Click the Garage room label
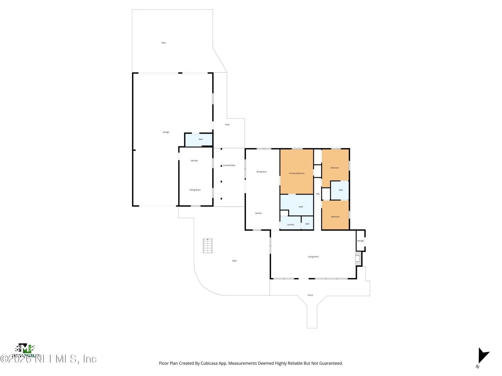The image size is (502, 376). pyautogui.click(x=166, y=132)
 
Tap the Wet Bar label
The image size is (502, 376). pyautogui.click(x=194, y=161)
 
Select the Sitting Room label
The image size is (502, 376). pyautogui.click(x=195, y=190)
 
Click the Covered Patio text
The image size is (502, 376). pyautogui.click(x=229, y=166)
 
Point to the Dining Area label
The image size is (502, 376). pyautogui.click(x=261, y=172)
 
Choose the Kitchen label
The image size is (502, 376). pyautogui.click(x=258, y=213)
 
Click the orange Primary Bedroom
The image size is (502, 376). pyautogui.click(x=296, y=173)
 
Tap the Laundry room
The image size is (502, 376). pyautogui.click(x=290, y=225)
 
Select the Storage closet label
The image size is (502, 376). pyautogui.click(x=360, y=241)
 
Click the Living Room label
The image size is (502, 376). pyautogui.click(x=313, y=257)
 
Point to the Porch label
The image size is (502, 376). pyautogui.click(x=310, y=295)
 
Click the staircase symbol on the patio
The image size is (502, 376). pyautogui.click(x=208, y=246)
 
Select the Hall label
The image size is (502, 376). pyautogui.click(x=318, y=194)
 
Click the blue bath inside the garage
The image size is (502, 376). pyautogui.click(x=201, y=139)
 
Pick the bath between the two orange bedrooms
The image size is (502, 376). pyautogui.click(x=341, y=190)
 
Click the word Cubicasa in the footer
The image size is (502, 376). pyautogui.click(x=209, y=363)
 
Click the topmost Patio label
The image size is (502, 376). pyautogui.click(x=163, y=43)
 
